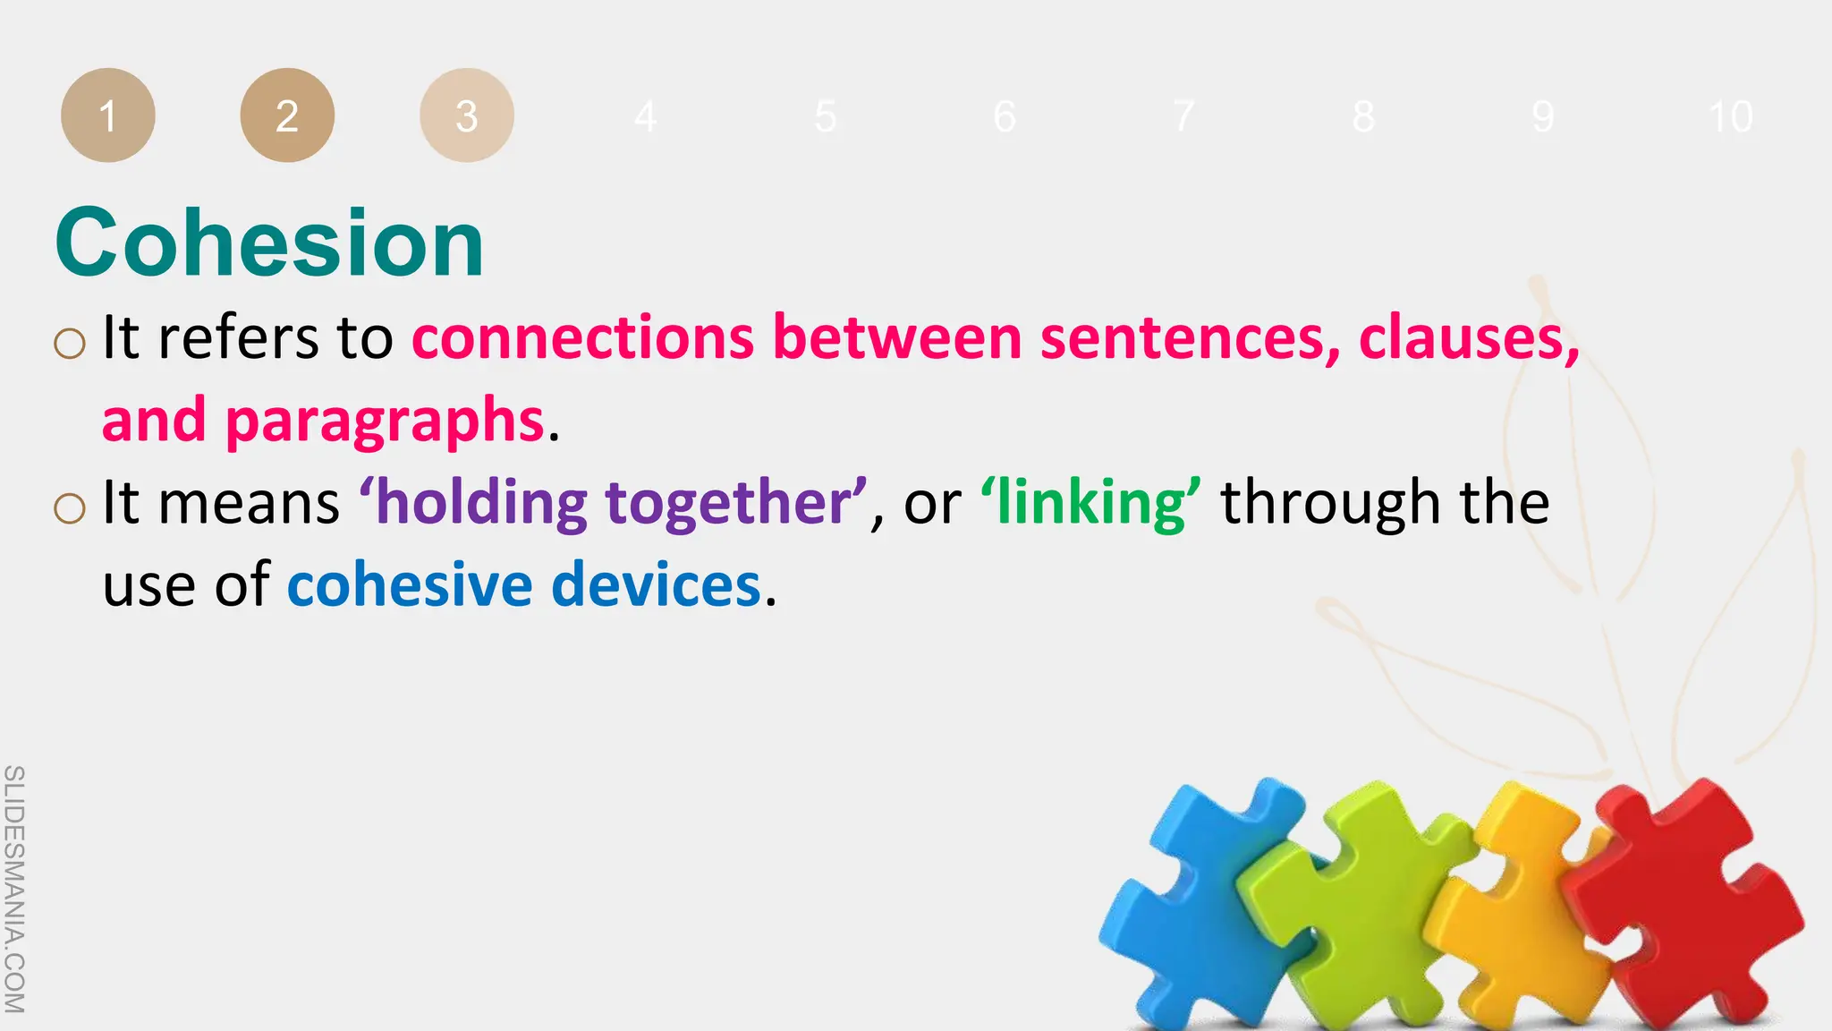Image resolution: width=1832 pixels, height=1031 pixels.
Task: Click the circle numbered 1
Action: tap(107, 115)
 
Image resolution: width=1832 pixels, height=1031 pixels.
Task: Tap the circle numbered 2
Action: tap(287, 115)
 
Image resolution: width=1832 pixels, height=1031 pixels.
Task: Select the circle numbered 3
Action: tap(466, 115)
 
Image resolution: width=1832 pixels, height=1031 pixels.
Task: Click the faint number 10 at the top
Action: tap(1730, 117)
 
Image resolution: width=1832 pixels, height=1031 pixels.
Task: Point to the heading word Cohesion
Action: tap(269, 243)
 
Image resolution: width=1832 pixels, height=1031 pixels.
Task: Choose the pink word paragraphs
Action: tap(385, 421)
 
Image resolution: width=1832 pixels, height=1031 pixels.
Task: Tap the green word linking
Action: tap(1091, 503)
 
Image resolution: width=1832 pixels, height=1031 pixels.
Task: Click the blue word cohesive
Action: tap(410, 585)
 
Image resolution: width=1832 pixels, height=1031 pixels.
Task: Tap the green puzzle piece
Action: tap(1351, 904)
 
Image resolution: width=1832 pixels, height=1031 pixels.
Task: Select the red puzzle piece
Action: tap(1682, 904)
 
